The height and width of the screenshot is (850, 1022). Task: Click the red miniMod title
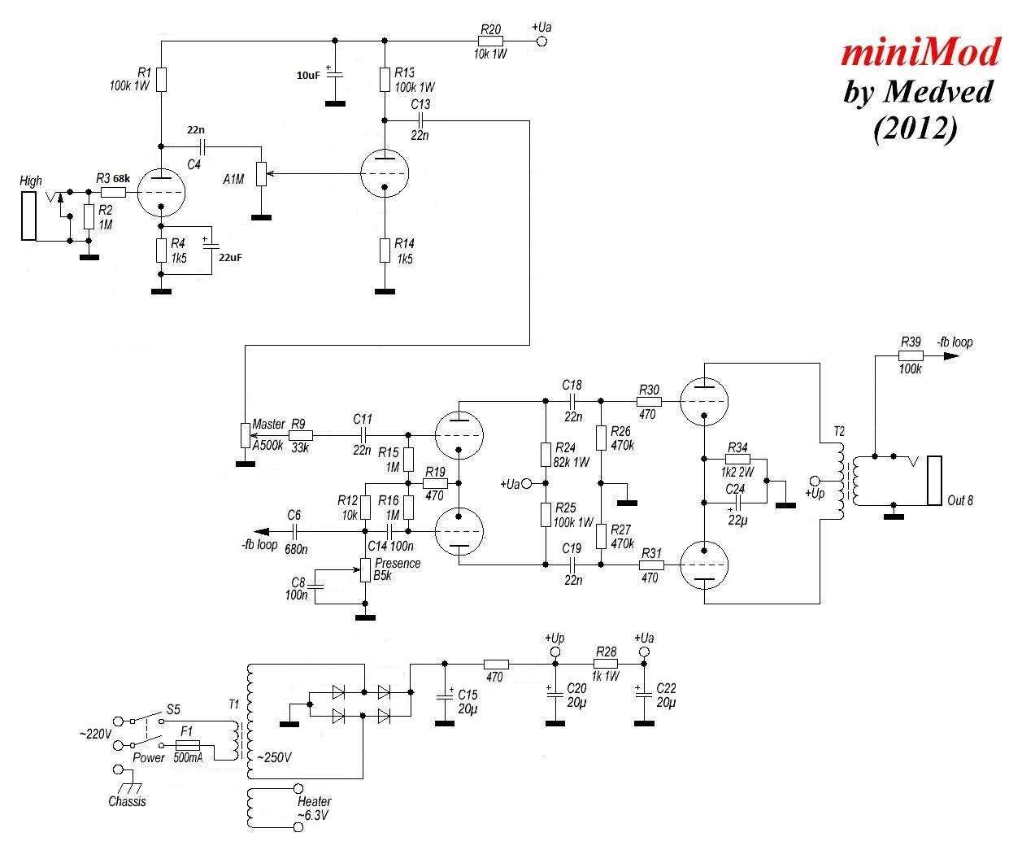pyautogui.click(x=920, y=53)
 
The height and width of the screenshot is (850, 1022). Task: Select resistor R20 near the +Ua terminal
pyautogui.click(x=490, y=41)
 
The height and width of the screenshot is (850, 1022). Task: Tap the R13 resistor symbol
pyautogui.click(x=385, y=80)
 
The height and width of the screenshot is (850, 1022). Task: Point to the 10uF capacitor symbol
pyautogui.click(x=335, y=73)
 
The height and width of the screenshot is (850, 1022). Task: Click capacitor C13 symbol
pyautogui.click(x=420, y=120)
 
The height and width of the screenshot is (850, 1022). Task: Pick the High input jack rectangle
pyautogui.click(x=29, y=216)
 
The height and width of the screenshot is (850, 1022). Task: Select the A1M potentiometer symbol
pyautogui.click(x=261, y=174)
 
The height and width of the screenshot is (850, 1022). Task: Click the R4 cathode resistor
pyautogui.click(x=162, y=251)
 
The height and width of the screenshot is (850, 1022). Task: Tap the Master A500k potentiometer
pyautogui.click(x=246, y=435)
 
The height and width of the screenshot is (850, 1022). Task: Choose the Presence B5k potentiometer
pyautogui.click(x=365, y=570)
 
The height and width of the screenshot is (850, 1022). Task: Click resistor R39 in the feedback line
pyautogui.click(x=911, y=355)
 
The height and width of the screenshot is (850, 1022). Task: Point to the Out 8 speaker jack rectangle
pyautogui.click(x=934, y=481)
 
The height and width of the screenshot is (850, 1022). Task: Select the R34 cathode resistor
pyautogui.click(x=737, y=459)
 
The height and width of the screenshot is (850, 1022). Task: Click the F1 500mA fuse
pyautogui.click(x=187, y=745)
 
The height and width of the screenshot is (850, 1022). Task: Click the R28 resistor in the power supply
pyautogui.click(x=606, y=664)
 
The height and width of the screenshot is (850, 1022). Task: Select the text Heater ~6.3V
pyautogui.click(x=314, y=809)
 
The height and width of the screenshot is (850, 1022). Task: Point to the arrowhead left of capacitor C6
pyautogui.click(x=261, y=531)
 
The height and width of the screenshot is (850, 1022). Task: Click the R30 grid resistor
pyautogui.click(x=649, y=402)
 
